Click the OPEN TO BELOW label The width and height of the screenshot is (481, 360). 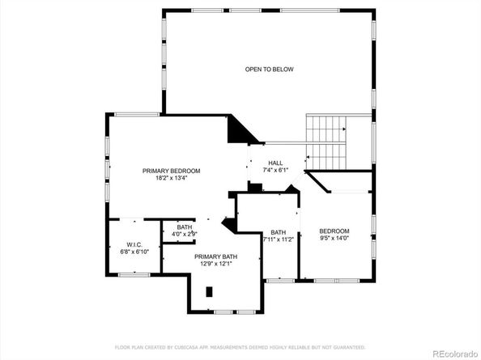point(269,70)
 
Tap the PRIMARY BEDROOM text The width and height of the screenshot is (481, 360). point(171,171)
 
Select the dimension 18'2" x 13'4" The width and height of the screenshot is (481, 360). point(171,179)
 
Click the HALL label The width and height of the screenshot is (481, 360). point(275,163)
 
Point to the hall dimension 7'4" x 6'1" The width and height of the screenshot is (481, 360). point(275,171)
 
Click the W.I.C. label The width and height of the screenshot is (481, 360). point(134,244)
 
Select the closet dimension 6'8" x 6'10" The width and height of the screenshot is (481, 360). point(134,252)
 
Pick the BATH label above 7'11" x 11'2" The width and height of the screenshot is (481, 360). point(278,231)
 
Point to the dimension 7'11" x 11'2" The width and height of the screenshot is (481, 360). point(278,239)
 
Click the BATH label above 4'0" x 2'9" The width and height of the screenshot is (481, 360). point(185,227)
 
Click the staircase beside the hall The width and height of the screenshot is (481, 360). point(326,140)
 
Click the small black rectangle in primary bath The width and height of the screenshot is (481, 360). point(209,291)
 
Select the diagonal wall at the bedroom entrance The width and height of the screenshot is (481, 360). point(317,182)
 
